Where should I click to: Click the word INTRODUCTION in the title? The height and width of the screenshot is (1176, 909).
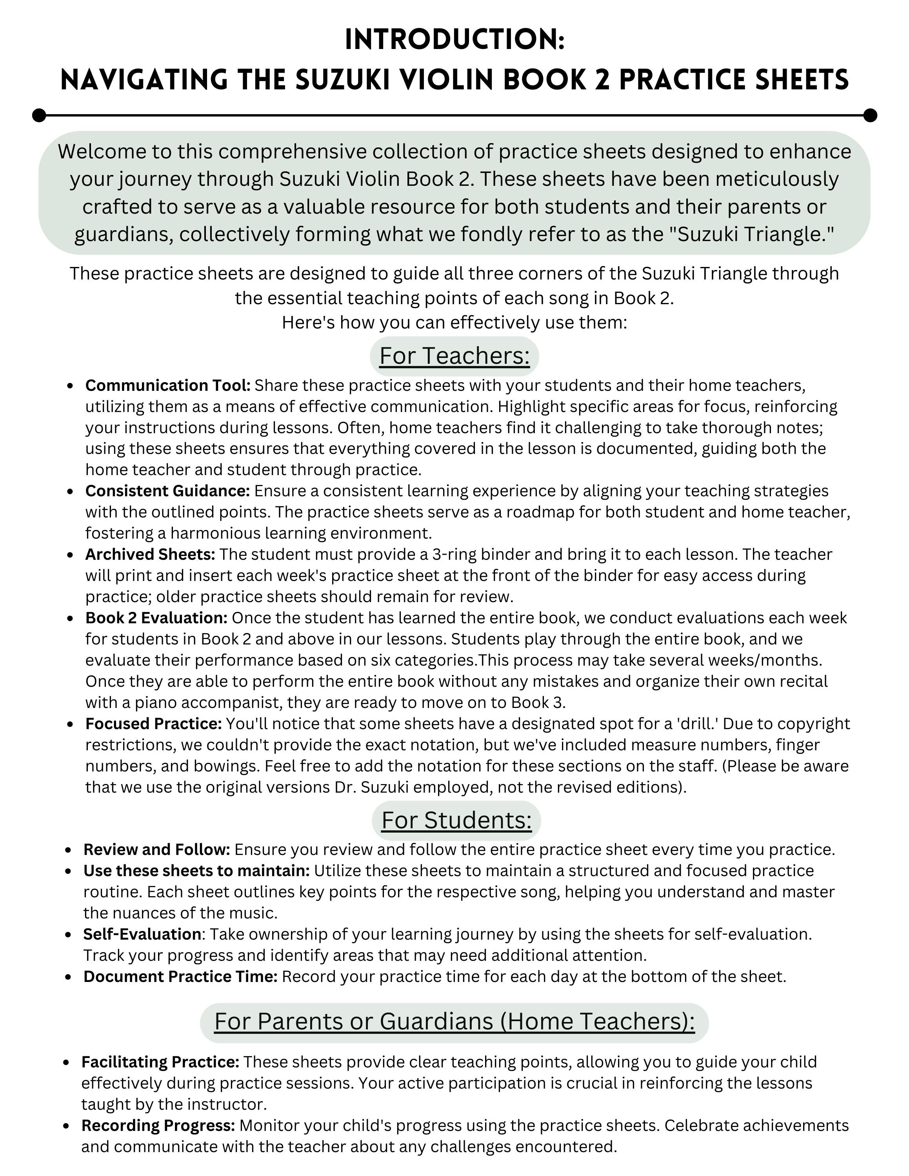coord(454,40)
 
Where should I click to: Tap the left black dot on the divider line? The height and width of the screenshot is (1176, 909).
coord(39,115)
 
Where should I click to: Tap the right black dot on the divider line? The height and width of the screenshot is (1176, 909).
coord(870,115)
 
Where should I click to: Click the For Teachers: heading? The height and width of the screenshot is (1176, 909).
coord(454,356)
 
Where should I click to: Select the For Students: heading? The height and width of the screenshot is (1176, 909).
coord(456,820)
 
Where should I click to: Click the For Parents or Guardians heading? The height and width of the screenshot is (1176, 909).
coord(454,1022)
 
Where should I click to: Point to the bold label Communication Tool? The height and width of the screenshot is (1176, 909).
coord(167,386)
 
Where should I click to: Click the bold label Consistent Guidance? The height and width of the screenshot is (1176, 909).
coord(167,491)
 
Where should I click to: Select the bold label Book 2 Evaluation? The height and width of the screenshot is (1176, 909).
coord(156,618)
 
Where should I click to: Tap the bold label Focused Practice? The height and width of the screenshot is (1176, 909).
coord(153,724)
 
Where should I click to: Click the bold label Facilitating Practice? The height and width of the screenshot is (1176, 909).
coord(160,1062)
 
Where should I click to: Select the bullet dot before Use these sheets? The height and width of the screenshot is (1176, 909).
coord(68,871)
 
